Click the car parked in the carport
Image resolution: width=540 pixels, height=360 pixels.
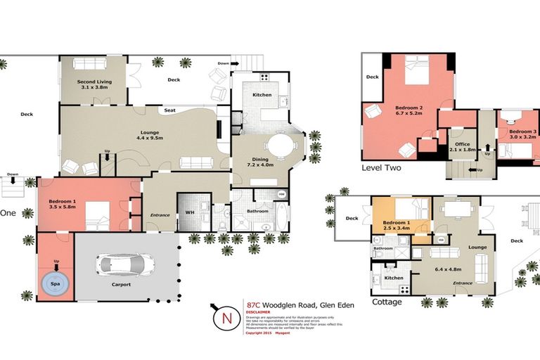(127, 265)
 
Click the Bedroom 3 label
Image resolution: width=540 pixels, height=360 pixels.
(522, 131)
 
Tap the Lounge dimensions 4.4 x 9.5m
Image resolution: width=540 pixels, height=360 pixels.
(149, 139)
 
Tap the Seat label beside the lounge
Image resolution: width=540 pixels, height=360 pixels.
(169, 110)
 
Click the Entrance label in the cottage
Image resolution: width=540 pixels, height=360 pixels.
(463, 283)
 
